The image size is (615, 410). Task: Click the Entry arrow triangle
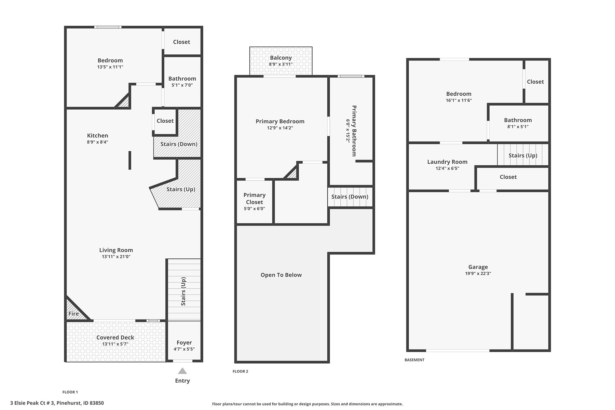tap(182, 371)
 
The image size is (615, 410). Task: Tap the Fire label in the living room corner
tap(73, 314)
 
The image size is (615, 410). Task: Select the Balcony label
tap(281, 58)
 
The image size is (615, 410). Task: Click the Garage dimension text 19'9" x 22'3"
tap(478, 273)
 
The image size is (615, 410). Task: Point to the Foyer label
tap(184, 343)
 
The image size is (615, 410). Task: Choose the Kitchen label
tap(97, 136)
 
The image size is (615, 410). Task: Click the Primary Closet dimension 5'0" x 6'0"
tap(255, 209)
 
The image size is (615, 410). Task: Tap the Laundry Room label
tap(447, 162)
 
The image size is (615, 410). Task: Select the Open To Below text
tap(281, 275)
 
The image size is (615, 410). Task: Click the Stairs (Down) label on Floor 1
tap(179, 144)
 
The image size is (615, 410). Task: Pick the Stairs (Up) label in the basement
tap(523, 155)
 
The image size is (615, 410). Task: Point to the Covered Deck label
tap(115, 338)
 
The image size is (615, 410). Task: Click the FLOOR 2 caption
tap(241, 371)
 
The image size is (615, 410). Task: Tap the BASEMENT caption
tap(414, 360)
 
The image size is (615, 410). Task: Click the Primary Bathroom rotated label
tap(354, 131)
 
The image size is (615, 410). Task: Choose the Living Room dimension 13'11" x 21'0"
tap(116, 257)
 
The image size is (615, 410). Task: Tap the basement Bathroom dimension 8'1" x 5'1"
tap(518, 126)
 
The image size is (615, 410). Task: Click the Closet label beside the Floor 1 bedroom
tap(181, 42)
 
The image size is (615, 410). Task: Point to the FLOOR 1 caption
tap(70, 392)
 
